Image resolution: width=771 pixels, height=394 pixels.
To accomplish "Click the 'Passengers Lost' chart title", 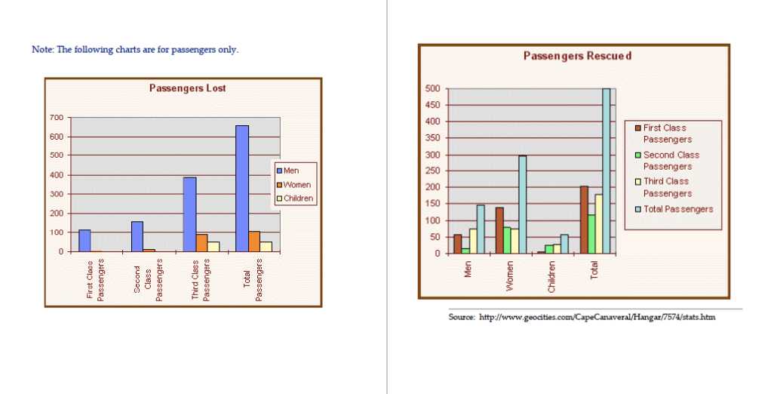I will pyautogui.click(x=187, y=88).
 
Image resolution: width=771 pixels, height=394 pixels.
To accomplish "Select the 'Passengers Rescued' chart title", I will pyautogui.click(x=577, y=56).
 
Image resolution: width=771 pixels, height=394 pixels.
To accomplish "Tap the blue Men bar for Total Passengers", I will pyautogui.click(x=242, y=189).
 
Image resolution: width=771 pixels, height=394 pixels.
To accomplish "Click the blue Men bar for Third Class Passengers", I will pyautogui.click(x=189, y=214).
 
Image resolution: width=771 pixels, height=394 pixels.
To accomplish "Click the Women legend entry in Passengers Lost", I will pyautogui.click(x=296, y=185).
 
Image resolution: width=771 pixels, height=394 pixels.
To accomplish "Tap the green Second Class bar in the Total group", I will pyautogui.click(x=591, y=234).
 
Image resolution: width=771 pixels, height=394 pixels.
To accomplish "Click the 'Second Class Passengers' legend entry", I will pyautogui.click(x=670, y=161).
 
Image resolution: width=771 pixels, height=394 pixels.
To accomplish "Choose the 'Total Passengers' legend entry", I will pyautogui.click(x=677, y=209).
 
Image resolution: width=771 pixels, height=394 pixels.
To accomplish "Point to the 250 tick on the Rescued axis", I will pyautogui.click(x=433, y=187).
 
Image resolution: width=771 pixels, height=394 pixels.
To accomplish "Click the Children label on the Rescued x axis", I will pyautogui.click(x=551, y=277).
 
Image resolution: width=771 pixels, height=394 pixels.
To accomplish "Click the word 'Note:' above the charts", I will pyautogui.click(x=42, y=50).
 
